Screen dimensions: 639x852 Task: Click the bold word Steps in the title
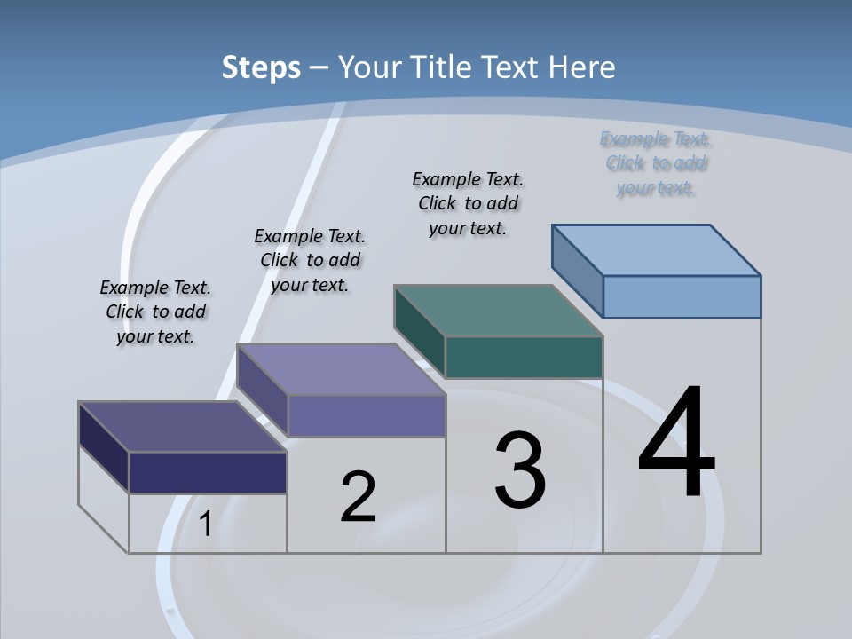tap(261, 67)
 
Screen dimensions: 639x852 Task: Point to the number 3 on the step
tap(520, 470)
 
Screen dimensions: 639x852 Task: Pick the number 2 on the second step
tap(358, 496)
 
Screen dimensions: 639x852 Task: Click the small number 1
tap(205, 525)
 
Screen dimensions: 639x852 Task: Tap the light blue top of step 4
tap(657, 249)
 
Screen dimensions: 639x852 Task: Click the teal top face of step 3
tap(499, 311)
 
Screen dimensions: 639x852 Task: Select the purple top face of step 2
tap(341, 369)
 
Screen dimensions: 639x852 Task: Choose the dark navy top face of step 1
tap(183, 427)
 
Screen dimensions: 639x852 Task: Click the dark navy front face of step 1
tap(208, 472)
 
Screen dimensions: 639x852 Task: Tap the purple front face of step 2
tap(367, 415)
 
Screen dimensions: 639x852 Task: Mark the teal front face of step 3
tap(524, 357)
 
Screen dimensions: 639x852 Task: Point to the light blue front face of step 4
tap(682, 296)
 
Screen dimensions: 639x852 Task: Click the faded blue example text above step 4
tap(655, 163)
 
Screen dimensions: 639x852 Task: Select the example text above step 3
tap(468, 204)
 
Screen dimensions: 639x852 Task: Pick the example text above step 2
tap(310, 260)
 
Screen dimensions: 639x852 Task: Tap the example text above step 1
tap(155, 312)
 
